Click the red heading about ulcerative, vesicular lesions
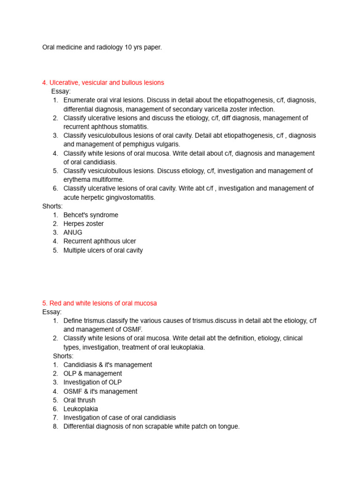(103, 82)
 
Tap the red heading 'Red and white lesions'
(99, 303)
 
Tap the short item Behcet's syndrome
(90, 215)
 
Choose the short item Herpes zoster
(83, 224)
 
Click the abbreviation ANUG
(73, 232)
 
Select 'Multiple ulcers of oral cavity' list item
(103, 250)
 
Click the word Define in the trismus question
(73, 321)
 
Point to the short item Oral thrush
(79, 400)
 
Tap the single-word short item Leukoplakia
(81, 409)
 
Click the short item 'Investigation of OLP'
(92, 382)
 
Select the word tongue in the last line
(228, 427)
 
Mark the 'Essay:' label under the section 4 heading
(61, 91)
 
